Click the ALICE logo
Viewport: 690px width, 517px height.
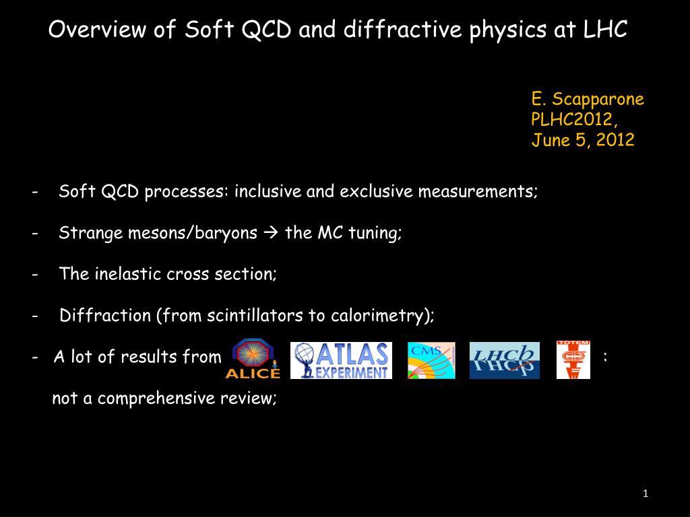(253, 358)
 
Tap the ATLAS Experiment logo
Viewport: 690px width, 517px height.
(341, 361)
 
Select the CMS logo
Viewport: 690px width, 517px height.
(431, 361)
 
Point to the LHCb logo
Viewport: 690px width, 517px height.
(504, 361)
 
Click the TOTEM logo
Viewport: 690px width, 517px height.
(573, 359)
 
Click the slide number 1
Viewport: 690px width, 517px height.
(645, 493)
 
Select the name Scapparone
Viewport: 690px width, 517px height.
(598, 100)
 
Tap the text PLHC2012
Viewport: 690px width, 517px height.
(571, 119)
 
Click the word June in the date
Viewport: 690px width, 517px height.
(551, 140)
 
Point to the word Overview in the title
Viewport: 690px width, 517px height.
(97, 30)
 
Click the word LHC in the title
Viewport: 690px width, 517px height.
(605, 30)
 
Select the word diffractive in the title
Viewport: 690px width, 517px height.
(403, 30)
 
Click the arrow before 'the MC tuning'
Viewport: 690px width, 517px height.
(271, 232)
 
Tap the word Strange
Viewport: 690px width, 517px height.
(91, 233)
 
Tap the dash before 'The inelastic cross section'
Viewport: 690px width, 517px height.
(35, 275)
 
